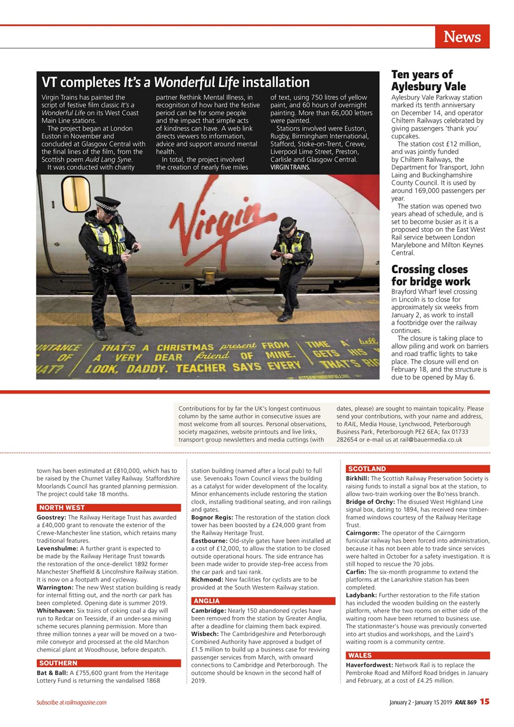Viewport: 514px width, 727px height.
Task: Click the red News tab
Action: [462, 37]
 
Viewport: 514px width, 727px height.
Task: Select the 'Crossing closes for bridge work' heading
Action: [430, 275]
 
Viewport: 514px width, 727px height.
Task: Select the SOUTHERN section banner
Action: [58, 663]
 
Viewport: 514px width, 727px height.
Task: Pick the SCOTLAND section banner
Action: [366, 469]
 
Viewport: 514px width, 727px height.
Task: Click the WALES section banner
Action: [360, 655]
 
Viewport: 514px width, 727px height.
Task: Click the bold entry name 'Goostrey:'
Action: [52, 518]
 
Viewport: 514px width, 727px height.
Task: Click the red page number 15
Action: [484, 702]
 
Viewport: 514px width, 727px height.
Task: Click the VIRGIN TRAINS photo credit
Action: [290, 168]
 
